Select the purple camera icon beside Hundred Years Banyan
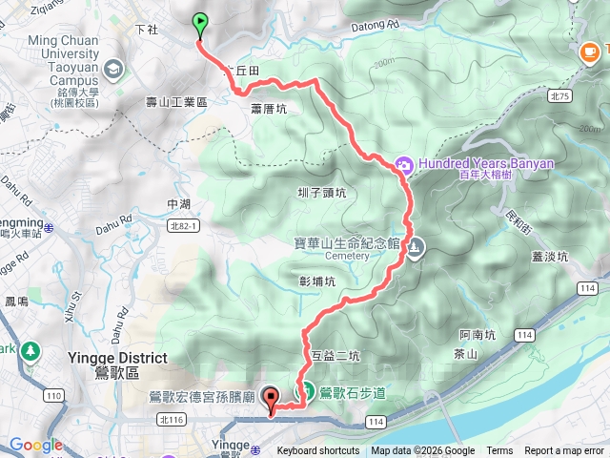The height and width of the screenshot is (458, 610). (x=404, y=164)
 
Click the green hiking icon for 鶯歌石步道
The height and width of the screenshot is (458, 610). (x=308, y=390)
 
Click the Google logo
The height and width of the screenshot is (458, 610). (x=36, y=445)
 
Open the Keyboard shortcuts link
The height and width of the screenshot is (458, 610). (x=318, y=451)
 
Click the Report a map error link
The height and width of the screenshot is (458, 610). (x=564, y=451)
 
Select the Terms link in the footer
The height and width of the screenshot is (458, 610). (x=499, y=451)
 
